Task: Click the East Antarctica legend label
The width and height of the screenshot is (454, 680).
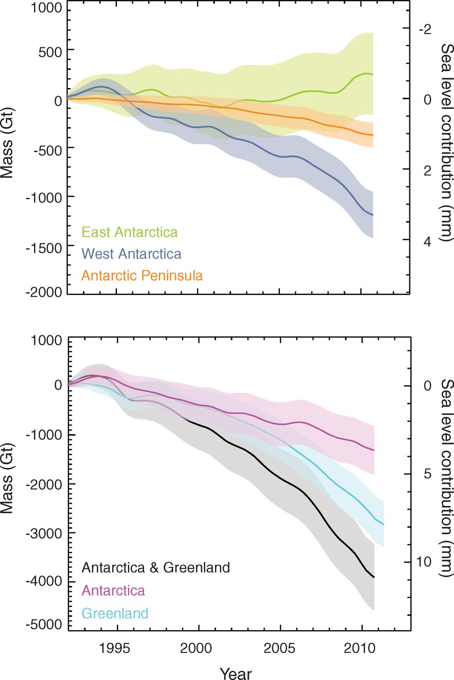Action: (130, 232)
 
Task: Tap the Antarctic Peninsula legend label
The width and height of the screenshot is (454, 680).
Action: (142, 275)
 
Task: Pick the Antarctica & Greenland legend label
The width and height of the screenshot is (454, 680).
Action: (156, 567)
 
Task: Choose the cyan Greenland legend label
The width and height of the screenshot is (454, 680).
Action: (115, 614)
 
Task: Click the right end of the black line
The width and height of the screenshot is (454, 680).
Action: (374, 577)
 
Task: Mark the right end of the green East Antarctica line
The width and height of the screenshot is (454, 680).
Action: (373, 74)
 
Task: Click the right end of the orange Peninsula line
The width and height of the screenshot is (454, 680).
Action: (373, 135)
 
